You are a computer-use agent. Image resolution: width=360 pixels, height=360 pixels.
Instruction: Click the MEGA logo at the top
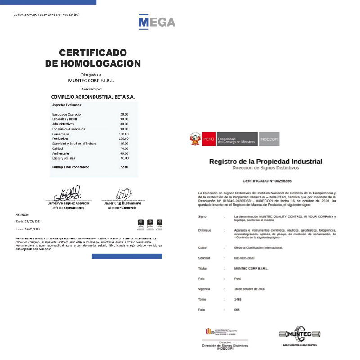[x=157, y=22]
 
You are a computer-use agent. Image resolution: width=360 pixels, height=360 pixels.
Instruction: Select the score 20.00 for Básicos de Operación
[x=124, y=114]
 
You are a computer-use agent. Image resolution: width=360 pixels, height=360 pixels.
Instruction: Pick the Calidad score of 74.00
[x=124, y=148]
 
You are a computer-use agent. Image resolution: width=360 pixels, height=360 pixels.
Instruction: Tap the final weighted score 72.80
[x=124, y=167]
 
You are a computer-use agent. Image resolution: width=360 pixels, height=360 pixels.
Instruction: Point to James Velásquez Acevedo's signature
[x=67, y=194]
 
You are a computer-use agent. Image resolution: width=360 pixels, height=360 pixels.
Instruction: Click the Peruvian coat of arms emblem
[x=195, y=139]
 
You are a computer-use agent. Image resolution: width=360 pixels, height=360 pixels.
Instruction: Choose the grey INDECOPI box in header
[x=270, y=139]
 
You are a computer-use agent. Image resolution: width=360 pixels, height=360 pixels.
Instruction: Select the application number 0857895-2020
[x=244, y=258]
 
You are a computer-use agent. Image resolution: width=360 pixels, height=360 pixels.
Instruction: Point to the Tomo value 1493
[x=238, y=299]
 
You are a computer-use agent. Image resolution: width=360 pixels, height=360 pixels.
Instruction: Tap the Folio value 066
[x=237, y=310]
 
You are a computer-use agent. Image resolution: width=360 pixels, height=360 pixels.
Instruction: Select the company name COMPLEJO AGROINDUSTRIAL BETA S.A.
[x=93, y=97]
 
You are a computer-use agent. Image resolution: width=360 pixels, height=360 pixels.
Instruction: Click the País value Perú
[x=238, y=279]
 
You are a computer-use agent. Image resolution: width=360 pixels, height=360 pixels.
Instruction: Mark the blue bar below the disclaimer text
[x=127, y=256]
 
